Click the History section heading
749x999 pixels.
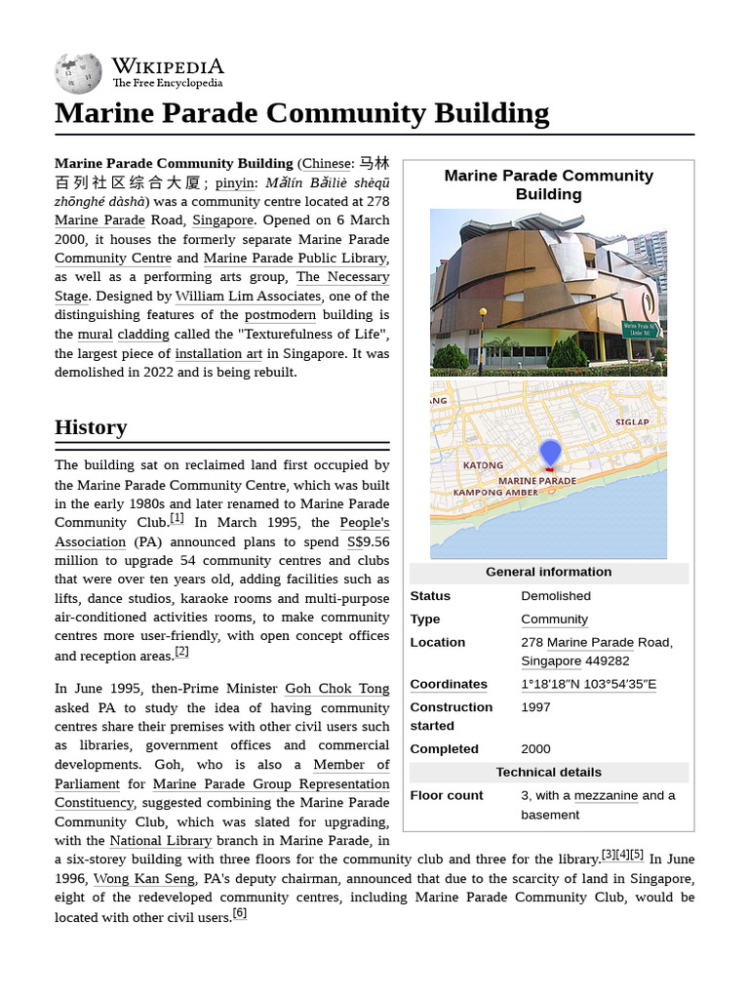pos(91,427)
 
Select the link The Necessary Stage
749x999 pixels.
pos(342,277)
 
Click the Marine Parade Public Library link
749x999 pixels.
pos(295,259)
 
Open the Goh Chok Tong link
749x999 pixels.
pos(336,689)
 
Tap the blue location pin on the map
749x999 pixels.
pos(550,454)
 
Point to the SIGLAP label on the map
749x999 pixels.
pos(631,422)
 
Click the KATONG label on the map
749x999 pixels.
pos(483,465)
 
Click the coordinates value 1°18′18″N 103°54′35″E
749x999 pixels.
pos(588,685)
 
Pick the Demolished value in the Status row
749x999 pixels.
pos(556,596)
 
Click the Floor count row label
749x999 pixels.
pos(447,796)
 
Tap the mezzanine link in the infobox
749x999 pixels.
pos(606,796)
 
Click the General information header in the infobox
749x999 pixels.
pos(548,573)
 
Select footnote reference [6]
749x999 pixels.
pos(239,914)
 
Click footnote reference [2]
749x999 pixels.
pos(181,652)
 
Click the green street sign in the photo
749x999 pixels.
pos(640,330)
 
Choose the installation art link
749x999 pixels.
pos(217,354)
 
